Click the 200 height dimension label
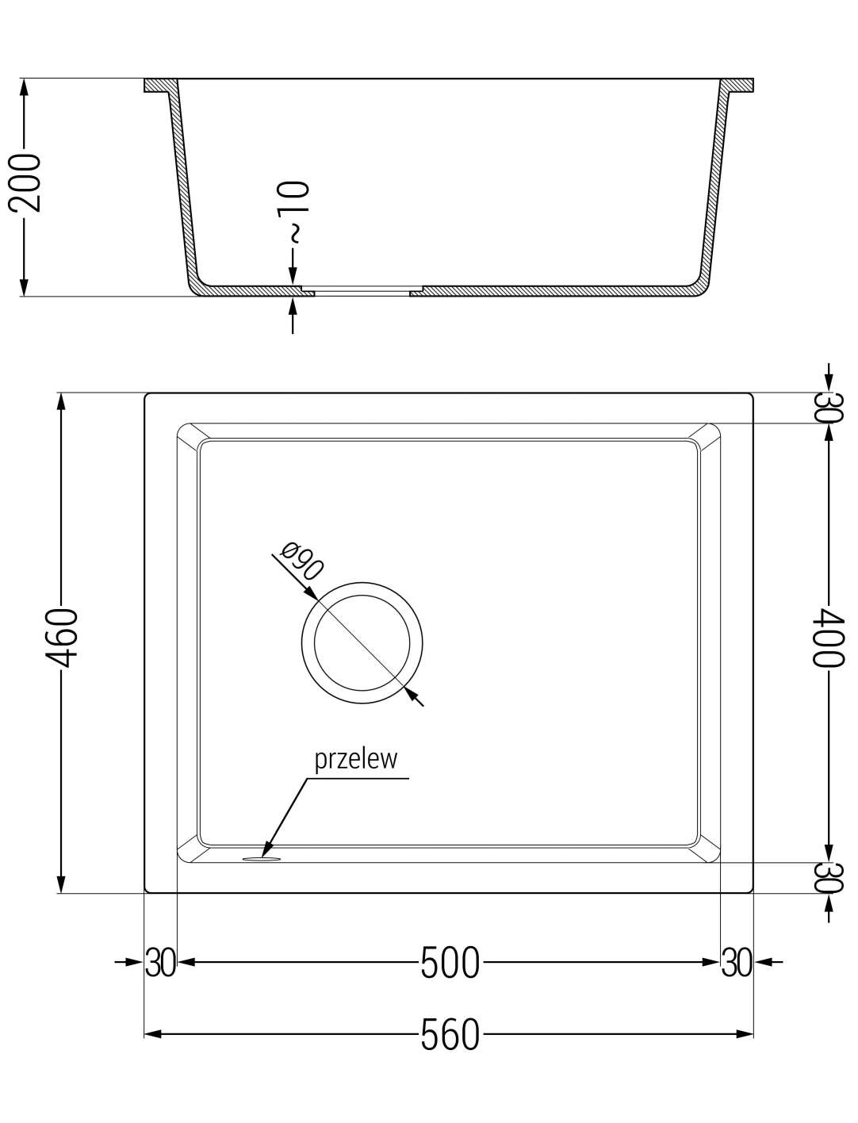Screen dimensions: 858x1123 (x=25, y=182)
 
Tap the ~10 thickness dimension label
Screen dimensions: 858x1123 (x=293, y=211)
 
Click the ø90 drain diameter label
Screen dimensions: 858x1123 (x=303, y=561)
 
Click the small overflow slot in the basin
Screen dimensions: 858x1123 (x=262, y=859)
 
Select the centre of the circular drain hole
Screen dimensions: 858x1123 (x=362, y=642)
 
